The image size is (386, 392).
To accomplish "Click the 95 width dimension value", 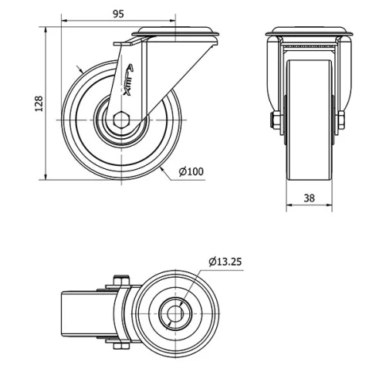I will [118, 13].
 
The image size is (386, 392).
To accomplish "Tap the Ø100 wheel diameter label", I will [191, 171].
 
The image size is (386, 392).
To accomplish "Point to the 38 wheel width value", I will [309, 198].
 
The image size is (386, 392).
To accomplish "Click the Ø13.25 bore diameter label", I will [225, 262].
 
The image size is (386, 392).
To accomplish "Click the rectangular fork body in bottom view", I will [79, 314].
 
